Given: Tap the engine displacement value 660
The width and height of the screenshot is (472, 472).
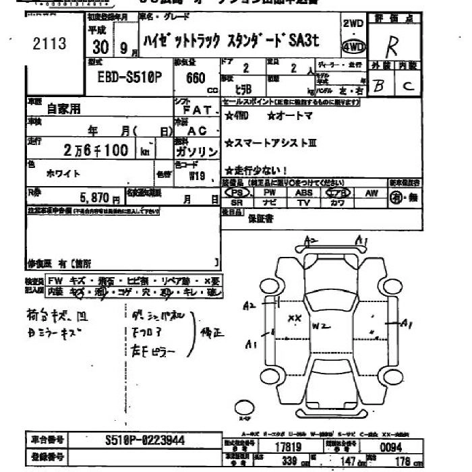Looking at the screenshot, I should [196, 78].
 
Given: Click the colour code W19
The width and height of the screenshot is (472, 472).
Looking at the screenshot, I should [196, 176].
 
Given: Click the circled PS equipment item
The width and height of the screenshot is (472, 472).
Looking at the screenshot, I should [237, 193].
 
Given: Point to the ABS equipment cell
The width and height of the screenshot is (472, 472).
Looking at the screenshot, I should [303, 193].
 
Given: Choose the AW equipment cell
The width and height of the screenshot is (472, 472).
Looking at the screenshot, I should [371, 193].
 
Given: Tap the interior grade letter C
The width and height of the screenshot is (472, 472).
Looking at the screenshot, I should [407, 86].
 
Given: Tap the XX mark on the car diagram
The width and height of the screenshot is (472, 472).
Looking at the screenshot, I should [294, 317].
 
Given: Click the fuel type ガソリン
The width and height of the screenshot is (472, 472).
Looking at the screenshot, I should [196, 152].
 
